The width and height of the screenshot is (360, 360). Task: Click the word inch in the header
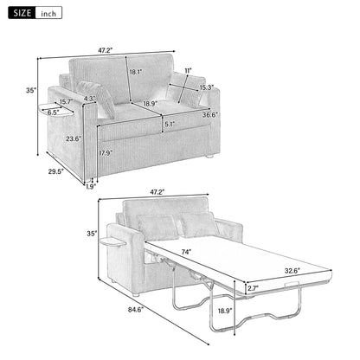click(x=48, y=14)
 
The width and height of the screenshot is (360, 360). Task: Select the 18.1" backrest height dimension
click(x=134, y=73)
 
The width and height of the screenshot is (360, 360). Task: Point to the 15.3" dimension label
click(x=207, y=87)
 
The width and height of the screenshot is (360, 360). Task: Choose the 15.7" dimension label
click(x=65, y=103)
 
